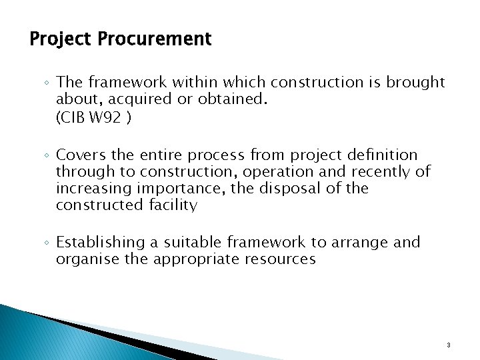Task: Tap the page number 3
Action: coord(449,345)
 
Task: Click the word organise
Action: coord(87,259)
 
